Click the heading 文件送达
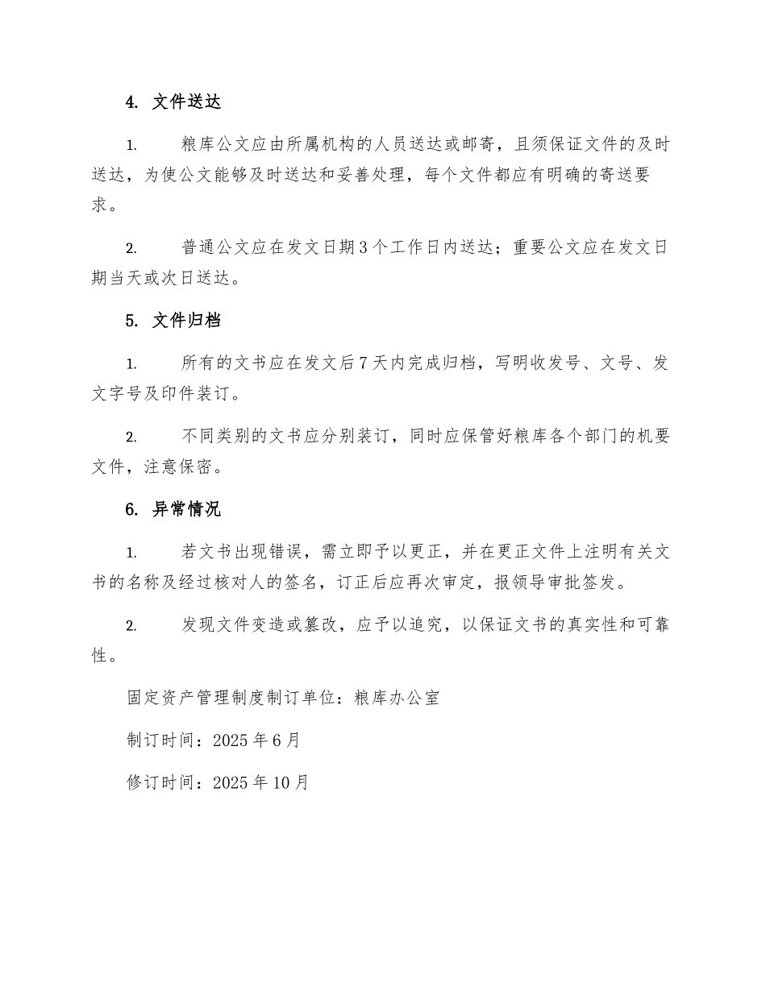[186, 102]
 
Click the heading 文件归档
[186, 321]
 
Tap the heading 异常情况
[186, 509]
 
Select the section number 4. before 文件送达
[133, 102]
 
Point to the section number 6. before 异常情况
[133, 509]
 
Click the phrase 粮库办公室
[402, 698]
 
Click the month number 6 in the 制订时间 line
[275, 740]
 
